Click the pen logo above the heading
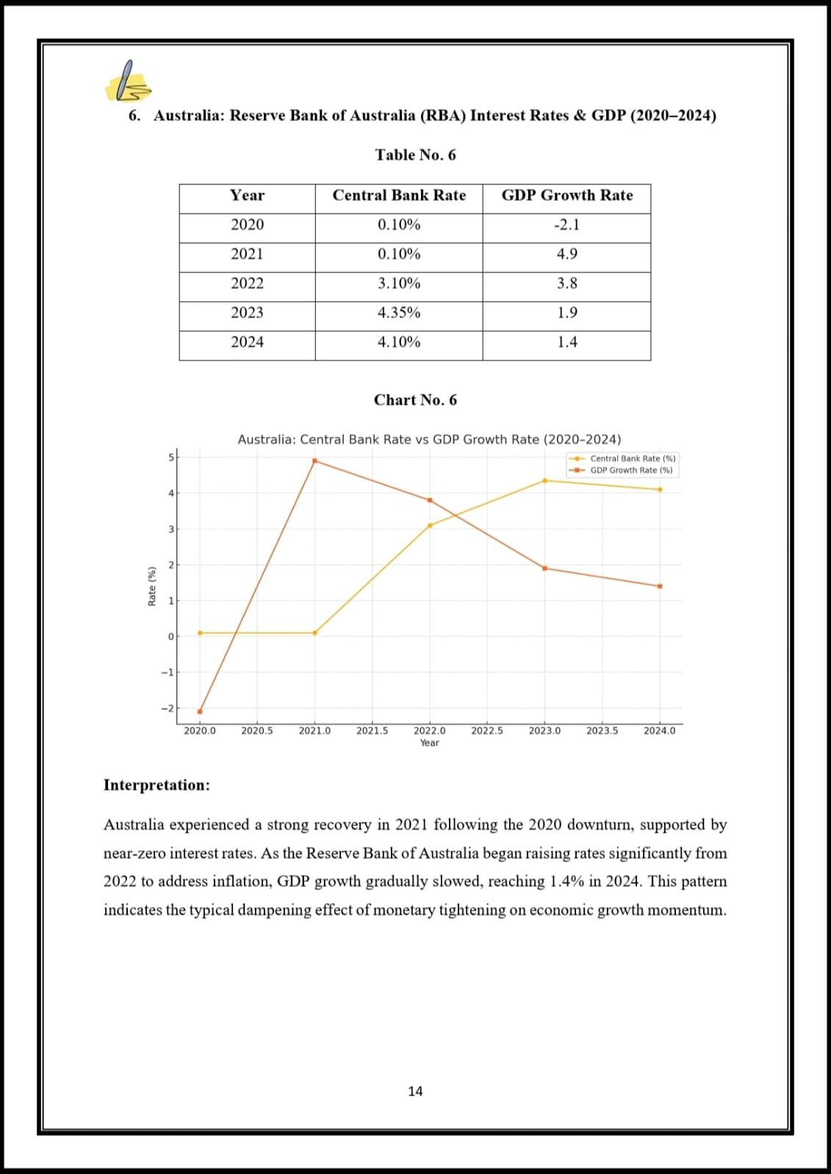point(128,81)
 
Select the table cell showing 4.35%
point(399,313)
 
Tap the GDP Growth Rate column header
point(566,195)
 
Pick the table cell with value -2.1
point(566,225)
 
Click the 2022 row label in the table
point(247,283)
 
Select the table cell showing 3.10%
point(399,283)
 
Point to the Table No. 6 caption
point(415,155)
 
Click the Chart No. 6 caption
point(415,400)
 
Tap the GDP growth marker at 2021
point(314,461)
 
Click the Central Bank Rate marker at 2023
point(544,481)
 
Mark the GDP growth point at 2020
point(200,711)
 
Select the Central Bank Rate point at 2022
point(430,526)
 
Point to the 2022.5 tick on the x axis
point(487,731)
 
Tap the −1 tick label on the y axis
point(168,673)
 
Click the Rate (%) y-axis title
point(152,586)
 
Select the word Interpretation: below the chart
point(157,785)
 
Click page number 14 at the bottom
point(415,1092)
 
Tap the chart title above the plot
point(429,440)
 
